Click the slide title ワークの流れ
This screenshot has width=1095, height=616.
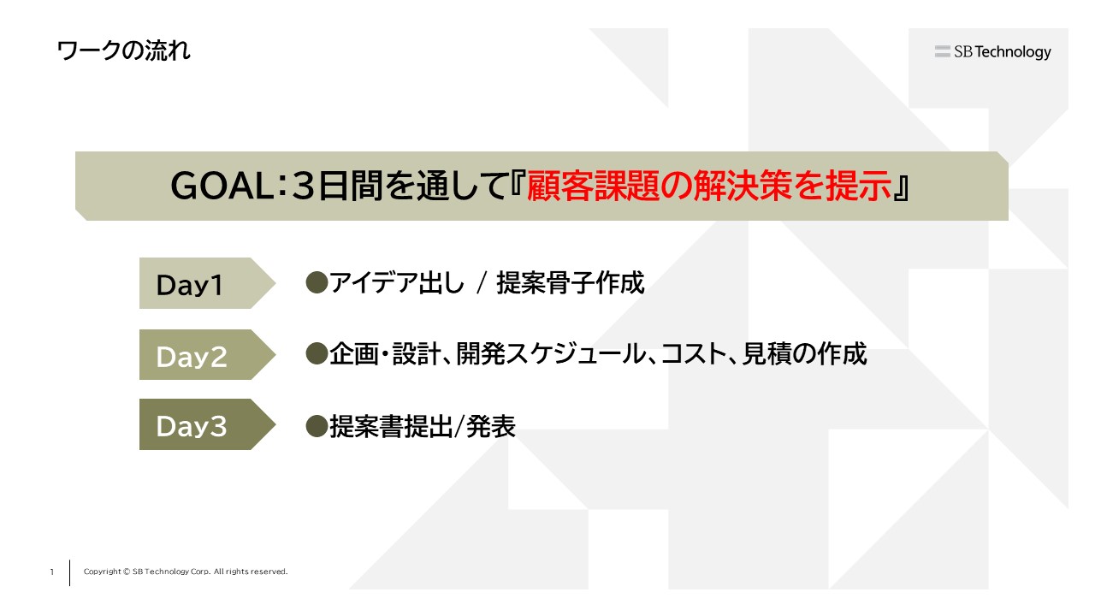124,50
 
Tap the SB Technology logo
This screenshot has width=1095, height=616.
993,51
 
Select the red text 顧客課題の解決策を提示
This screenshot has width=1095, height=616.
709,187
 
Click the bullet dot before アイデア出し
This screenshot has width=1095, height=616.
317,282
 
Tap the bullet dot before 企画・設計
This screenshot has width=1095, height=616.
317,353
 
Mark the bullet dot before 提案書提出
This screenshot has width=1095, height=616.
317,426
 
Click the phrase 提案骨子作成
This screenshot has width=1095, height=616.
571,283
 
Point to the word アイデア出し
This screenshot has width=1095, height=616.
396,283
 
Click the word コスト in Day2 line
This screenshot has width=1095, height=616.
694,354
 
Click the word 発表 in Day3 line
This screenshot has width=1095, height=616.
491,426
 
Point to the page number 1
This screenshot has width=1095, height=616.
52,572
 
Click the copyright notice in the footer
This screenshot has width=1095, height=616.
186,572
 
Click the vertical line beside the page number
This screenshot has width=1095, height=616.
69,572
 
